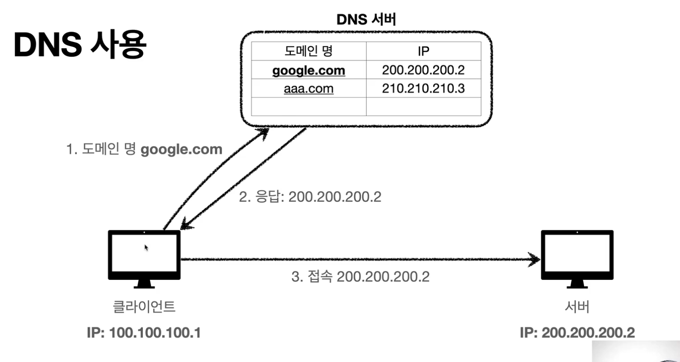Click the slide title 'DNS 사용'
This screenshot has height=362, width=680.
80,46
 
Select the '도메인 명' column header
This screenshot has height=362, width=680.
309,51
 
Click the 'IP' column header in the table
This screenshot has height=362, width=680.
423,51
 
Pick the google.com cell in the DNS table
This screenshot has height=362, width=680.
309,70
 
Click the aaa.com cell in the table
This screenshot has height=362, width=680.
309,89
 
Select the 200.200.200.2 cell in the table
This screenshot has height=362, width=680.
423,70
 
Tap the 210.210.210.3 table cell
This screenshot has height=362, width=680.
423,89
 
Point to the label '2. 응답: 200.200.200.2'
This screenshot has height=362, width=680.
310,197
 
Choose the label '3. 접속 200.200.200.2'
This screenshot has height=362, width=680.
359,276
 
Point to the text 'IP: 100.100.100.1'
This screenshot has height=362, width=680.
144,333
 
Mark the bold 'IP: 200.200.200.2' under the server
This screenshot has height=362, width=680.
577,333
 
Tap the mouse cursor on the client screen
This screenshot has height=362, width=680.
146,247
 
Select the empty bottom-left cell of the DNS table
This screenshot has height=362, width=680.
309,107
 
